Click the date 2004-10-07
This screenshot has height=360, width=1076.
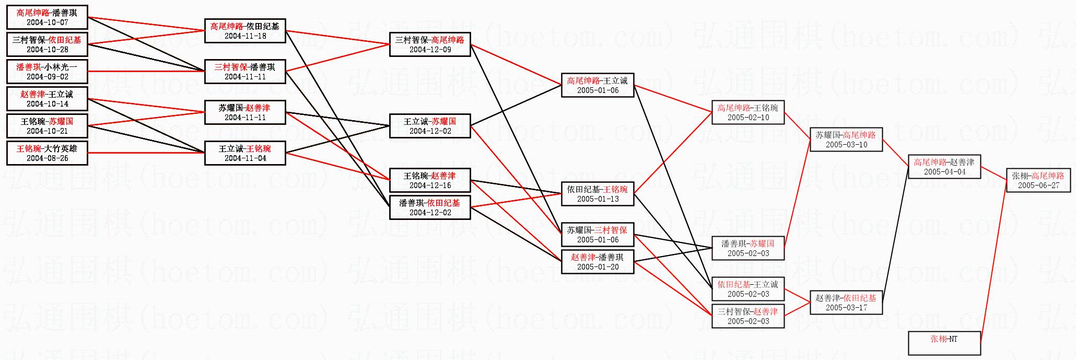[x=47, y=22]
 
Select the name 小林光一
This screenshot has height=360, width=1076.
[x=61, y=67]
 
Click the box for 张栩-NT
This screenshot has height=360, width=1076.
[x=944, y=343]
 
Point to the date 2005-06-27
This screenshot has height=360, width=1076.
[x=1038, y=185]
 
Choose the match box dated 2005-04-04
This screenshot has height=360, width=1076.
[x=944, y=167]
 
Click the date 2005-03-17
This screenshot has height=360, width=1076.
[x=846, y=308]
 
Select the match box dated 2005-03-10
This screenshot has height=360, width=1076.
[x=846, y=140]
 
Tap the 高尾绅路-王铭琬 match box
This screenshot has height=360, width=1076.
[x=747, y=112]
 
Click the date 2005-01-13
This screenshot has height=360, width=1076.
[x=598, y=199]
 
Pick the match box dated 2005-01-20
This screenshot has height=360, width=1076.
[x=598, y=262]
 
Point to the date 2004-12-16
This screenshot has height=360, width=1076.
[x=430, y=185]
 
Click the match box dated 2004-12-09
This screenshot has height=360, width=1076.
[x=429, y=44]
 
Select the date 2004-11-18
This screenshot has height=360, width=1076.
[x=245, y=36]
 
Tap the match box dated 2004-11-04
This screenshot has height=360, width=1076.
[x=244, y=153]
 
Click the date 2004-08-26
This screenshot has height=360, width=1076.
[x=47, y=158]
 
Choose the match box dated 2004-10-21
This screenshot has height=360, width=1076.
[x=47, y=126]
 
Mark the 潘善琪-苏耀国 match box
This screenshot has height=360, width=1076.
[x=747, y=248]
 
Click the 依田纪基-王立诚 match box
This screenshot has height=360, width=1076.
[x=747, y=289]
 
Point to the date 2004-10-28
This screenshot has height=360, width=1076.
[x=47, y=50]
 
